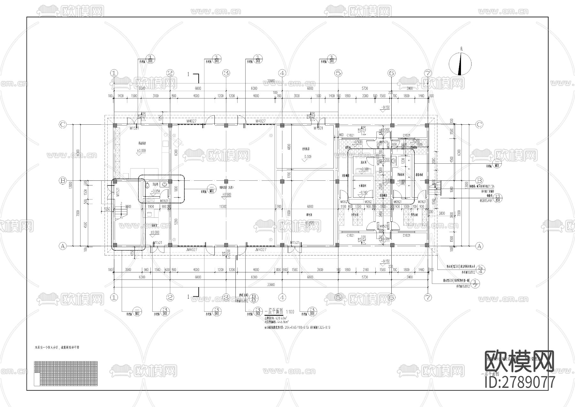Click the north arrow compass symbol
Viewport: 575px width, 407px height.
coord(460,64)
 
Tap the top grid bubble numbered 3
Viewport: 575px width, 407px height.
coord(226,73)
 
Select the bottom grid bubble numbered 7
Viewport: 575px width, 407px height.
coord(428,297)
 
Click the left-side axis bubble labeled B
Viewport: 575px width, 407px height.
coord(63,181)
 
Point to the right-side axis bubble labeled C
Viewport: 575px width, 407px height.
coord(479,125)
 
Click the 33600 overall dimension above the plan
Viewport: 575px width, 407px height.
coord(271,81)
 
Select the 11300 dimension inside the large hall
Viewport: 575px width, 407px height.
coord(223,207)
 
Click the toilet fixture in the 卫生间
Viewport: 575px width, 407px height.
coord(148,185)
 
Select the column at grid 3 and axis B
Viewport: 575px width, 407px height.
coord(226,181)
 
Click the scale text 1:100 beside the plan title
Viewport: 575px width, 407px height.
coord(290,311)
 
